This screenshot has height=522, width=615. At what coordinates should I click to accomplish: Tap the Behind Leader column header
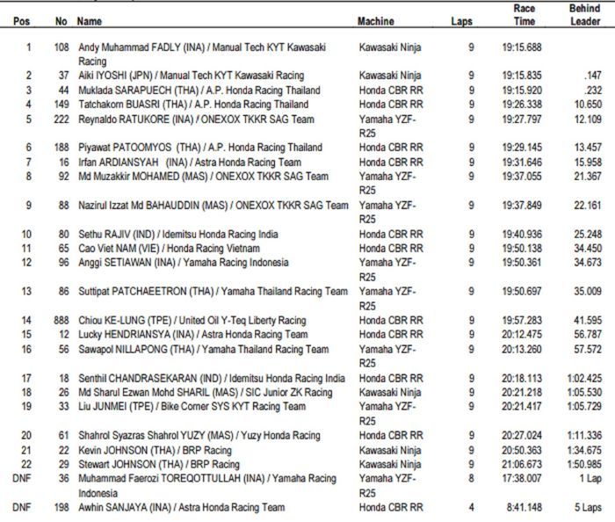pos(584,14)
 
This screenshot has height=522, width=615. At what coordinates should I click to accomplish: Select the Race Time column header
pos(525,14)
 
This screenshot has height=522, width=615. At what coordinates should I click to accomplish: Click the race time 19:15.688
pos(522,47)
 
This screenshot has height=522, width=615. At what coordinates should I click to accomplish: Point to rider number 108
pos(61,47)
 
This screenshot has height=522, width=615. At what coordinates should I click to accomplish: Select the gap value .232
pos(592,91)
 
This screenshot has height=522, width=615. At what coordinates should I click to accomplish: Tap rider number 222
pos(61,119)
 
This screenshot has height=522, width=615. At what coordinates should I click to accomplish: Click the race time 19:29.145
pos(522,148)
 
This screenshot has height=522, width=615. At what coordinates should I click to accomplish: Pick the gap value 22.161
pos(588,205)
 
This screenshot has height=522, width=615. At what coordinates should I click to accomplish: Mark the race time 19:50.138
pos(522,248)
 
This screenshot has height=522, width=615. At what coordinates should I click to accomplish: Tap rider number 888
pos(61,320)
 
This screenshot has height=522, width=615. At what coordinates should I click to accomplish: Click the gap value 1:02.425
pos(585,377)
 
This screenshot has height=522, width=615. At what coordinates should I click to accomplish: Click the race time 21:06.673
pos(522,463)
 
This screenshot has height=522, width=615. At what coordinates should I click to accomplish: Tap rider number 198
pos(61,507)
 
